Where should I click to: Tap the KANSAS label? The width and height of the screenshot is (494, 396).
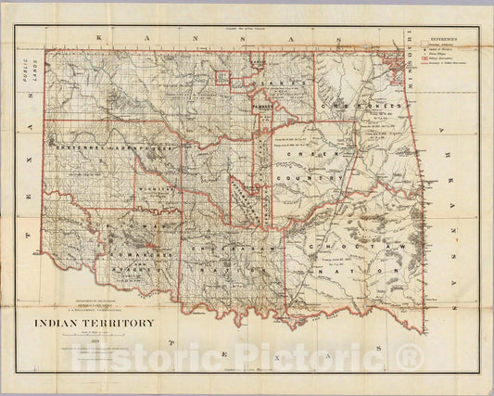213,41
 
